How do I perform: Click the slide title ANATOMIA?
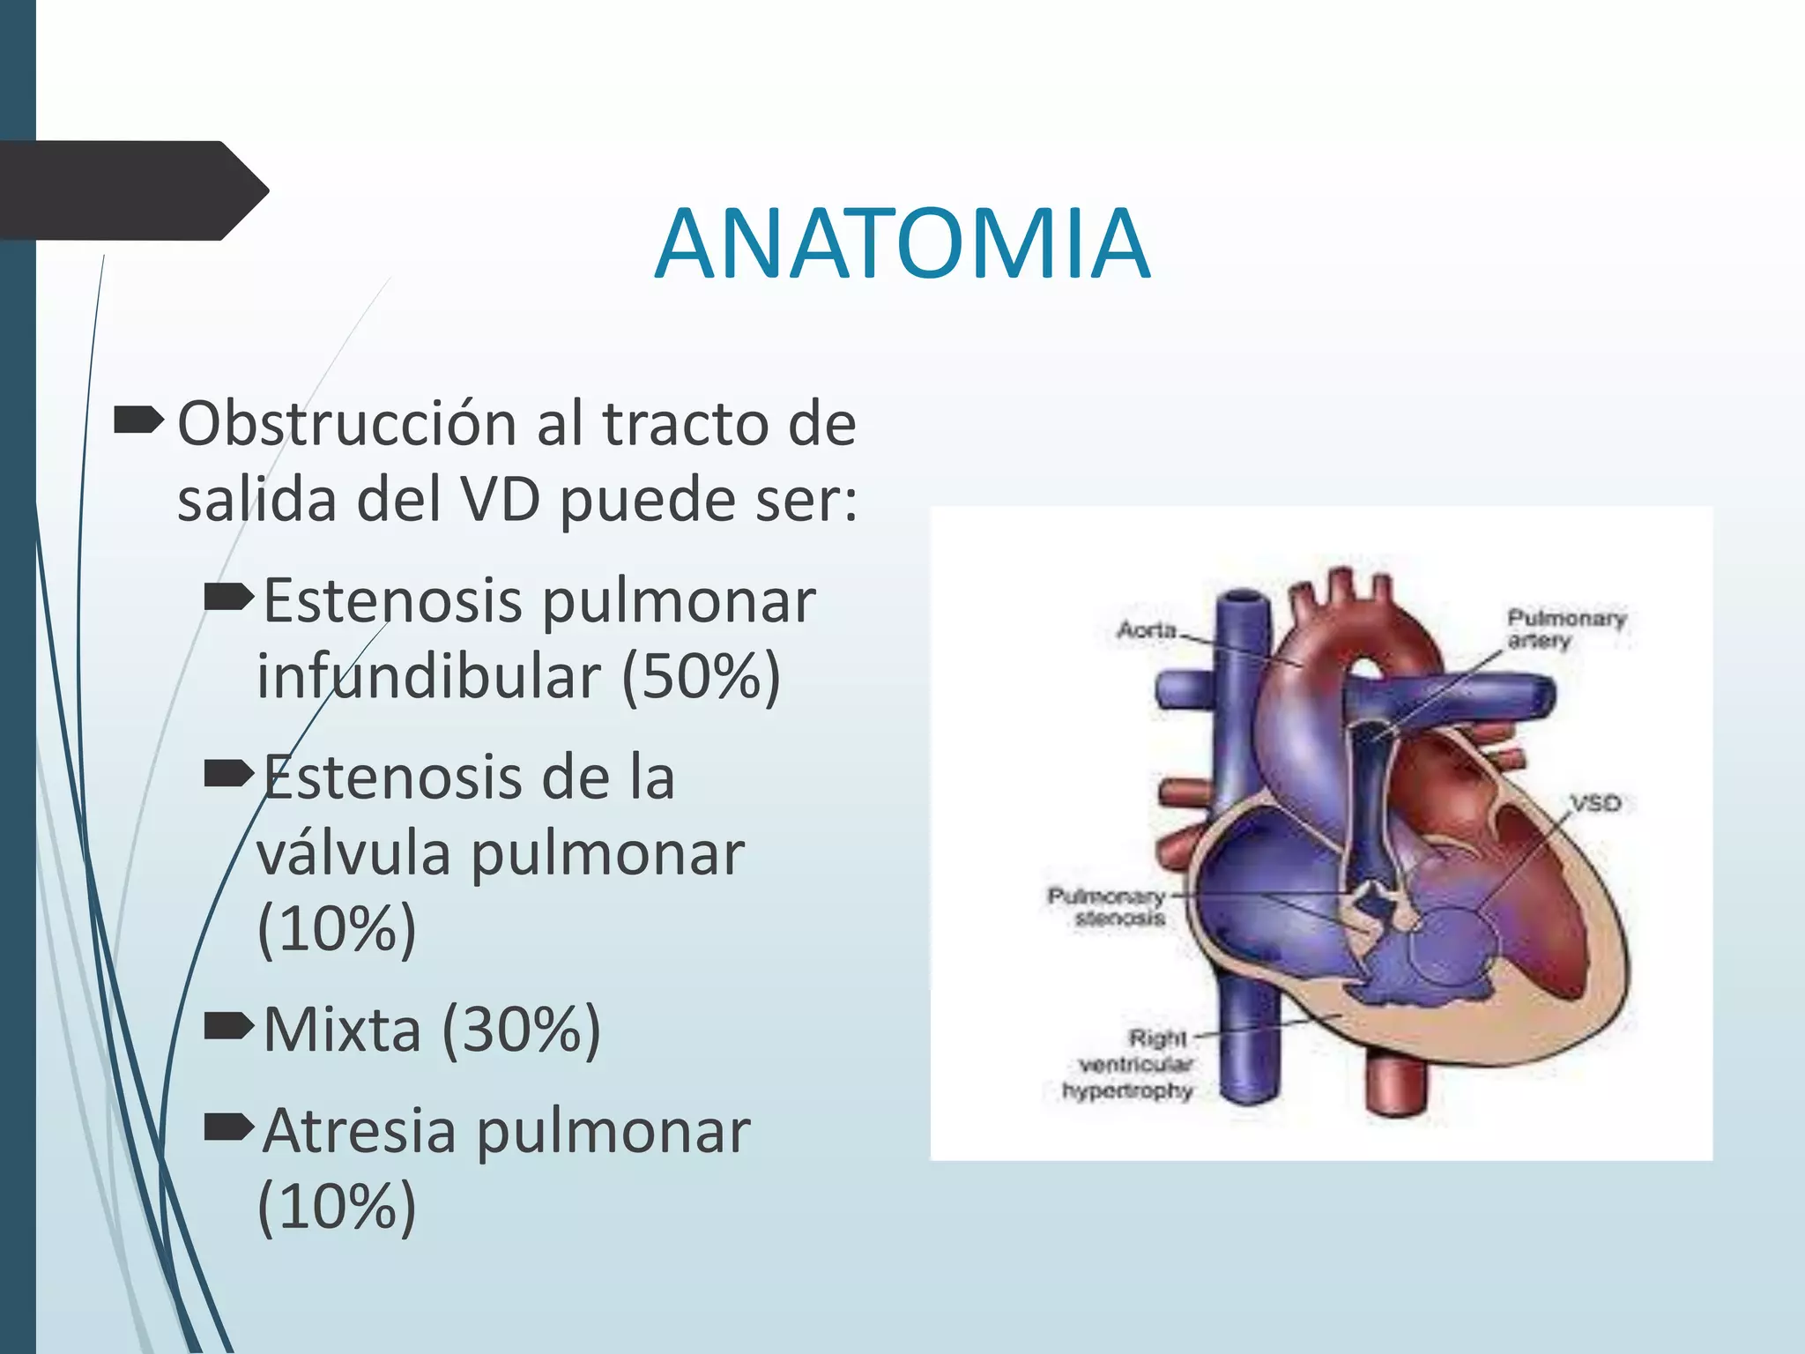pyautogui.click(x=902, y=243)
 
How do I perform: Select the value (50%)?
pyautogui.click(x=702, y=676)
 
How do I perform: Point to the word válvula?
pyautogui.click(x=353, y=853)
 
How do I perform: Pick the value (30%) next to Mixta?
pyautogui.click(x=521, y=1029)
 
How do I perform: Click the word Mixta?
pyautogui.click(x=342, y=1029)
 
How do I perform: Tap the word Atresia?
pyautogui.click(x=360, y=1131)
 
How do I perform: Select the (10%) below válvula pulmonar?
pyautogui.click(x=337, y=928)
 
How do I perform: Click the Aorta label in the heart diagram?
pyautogui.click(x=1147, y=629)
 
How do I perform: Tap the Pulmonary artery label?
pyautogui.click(x=1564, y=629)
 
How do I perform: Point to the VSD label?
pyautogui.click(x=1595, y=803)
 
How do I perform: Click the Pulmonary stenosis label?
pyautogui.click(x=1107, y=907)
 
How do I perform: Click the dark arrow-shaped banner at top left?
pyautogui.click(x=132, y=190)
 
